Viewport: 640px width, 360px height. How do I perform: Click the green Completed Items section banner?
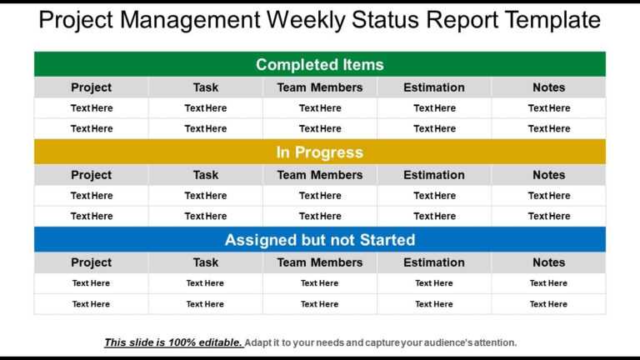[x=320, y=64]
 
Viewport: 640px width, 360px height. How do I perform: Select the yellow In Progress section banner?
[x=320, y=152]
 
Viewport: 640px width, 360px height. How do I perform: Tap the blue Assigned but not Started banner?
[x=320, y=240]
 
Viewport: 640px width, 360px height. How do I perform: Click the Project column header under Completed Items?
[x=92, y=87]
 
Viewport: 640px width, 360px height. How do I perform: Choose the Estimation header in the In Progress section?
[x=434, y=175]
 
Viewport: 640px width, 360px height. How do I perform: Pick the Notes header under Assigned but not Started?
[x=548, y=262]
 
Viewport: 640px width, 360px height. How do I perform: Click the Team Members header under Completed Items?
[x=320, y=87]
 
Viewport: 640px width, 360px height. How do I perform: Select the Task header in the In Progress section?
[x=206, y=175]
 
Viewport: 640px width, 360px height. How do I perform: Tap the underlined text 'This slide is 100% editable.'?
[x=173, y=342]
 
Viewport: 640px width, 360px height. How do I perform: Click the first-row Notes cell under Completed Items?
[x=548, y=108]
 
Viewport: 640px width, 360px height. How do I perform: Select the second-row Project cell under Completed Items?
[x=92, y=128]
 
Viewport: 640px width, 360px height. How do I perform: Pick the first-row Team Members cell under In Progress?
[x=320, y=196]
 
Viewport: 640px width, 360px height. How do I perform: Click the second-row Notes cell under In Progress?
[x=548, y=216]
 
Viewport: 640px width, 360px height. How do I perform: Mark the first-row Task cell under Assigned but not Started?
[x=206, y=283]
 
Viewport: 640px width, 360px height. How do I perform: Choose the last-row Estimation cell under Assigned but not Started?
[x=434, y=304]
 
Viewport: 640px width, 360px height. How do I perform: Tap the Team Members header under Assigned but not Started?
[x=320, y=262]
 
